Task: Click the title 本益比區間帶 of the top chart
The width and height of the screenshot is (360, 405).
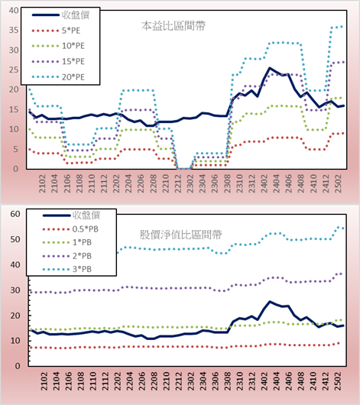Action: click(x=174, y=26)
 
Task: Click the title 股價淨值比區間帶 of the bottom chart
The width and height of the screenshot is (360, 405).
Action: click(x=181, y=235)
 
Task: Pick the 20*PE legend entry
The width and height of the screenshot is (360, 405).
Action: click(x=58, y=77)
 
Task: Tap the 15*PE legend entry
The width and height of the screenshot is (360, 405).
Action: click(x=58, y=61)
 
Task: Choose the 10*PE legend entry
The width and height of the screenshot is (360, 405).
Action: click(x=58, y=46)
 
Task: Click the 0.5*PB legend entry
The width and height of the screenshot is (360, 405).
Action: click(x=70, y=229)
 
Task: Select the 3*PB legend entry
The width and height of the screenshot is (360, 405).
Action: click(x=67, y=269)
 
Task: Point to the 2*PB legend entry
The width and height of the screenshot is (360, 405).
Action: click(x=67, y=256)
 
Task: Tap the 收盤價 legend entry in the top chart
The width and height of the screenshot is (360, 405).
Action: click(x=60, y=15)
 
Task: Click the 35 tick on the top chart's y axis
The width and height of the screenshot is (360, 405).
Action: click(x=14, y=31)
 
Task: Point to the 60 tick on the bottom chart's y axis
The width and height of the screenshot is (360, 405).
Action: click(x=15, y=214)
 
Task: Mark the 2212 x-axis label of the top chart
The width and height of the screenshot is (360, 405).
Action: click(x=178, y=183)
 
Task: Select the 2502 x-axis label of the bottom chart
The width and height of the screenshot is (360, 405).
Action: click(x=338, y=381)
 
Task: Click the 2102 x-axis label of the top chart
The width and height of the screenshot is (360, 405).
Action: click(x=42, y=183)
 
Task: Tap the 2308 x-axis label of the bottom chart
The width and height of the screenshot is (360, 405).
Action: click(x=227, y=381)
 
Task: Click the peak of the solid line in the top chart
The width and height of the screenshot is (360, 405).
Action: click(x=270, y=68)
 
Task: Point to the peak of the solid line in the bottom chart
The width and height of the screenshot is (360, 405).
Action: click(x=270, y=301)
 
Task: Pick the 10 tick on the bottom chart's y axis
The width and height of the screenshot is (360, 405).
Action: click(x=15, y=341)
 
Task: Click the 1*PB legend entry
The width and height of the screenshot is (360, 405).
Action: click(x=67, y=242)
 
